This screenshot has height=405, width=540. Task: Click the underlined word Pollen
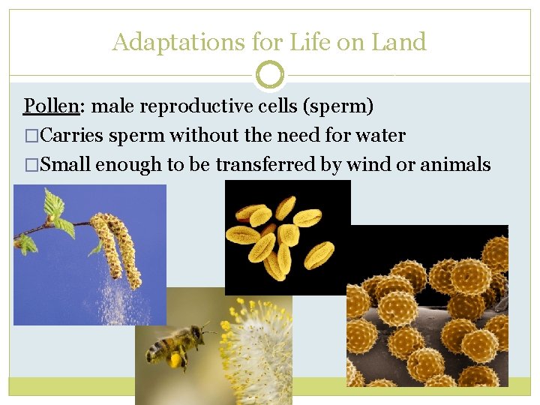point(51,106)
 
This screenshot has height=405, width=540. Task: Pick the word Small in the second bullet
point(65,165)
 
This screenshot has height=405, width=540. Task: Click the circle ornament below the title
point(270,75)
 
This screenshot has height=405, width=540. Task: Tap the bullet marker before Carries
point(30,136)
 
